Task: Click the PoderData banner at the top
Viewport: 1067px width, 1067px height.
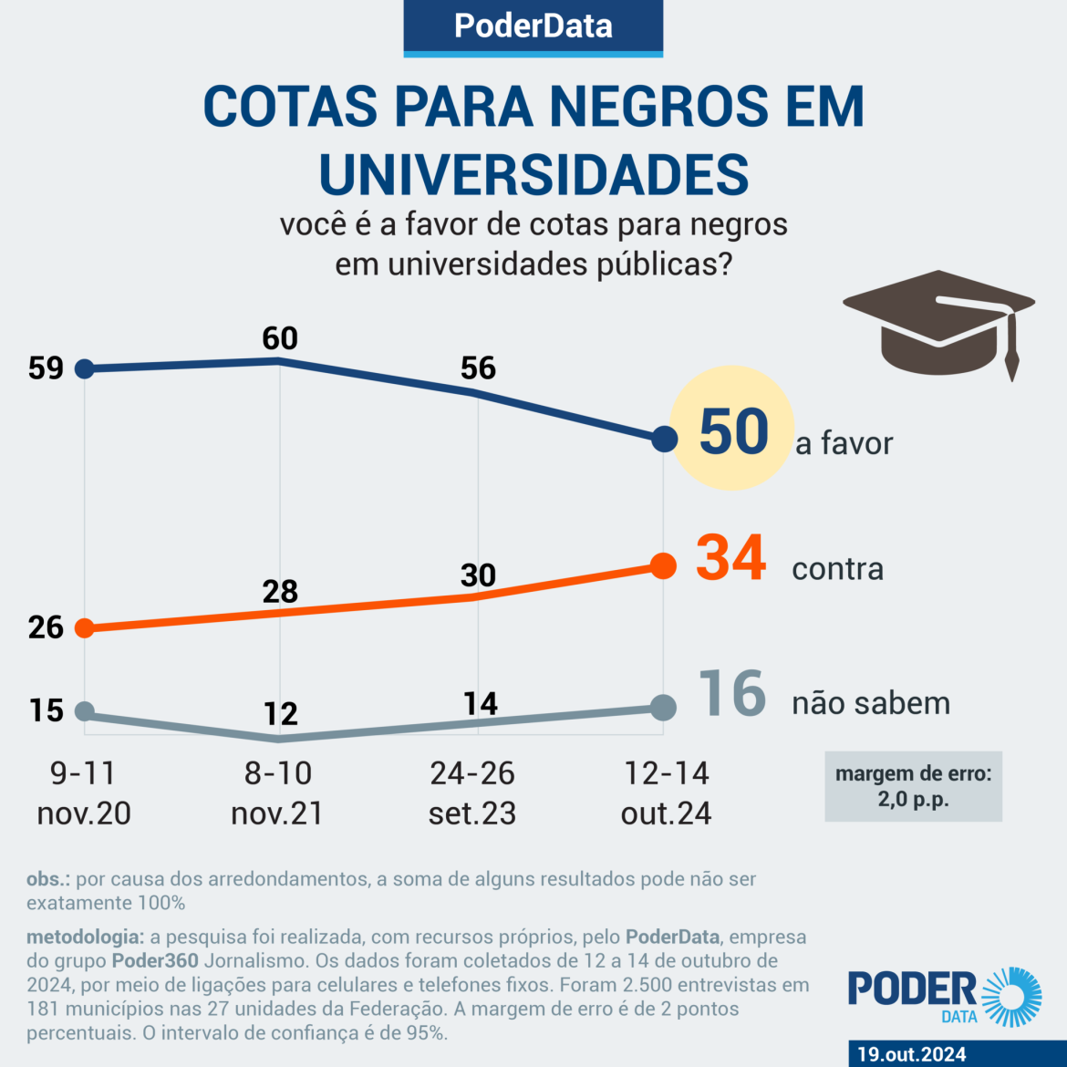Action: click(533, 26)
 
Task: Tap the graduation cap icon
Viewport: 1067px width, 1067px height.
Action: click(939, 324)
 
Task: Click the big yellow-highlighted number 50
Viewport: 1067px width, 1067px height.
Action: click(734, 430)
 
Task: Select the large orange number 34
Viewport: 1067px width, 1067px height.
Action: click(730, 558)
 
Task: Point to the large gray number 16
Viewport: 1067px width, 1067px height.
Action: click(732, 694)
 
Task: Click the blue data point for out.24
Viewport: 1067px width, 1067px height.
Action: click(665, 439)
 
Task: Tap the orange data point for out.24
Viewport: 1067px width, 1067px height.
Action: click(664, 565)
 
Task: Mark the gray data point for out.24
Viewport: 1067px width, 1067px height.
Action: click(664, 707)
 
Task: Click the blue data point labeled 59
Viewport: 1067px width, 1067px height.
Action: click(84, 368)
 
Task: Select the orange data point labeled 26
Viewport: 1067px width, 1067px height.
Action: click(84, 627)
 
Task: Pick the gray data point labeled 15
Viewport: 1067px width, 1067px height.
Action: click(84, 711)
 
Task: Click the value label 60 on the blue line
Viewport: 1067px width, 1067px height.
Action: click(280, 338)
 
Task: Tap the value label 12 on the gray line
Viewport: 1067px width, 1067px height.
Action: click(281, 713)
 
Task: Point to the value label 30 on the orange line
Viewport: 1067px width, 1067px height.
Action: click(478, 575)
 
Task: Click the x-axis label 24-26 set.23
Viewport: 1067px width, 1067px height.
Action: click(472, 792)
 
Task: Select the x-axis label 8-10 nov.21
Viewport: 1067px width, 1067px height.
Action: click(277, 792)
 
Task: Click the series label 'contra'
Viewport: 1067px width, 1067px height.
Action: click(837, 569)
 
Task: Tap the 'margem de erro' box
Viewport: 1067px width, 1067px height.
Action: click(913, 786)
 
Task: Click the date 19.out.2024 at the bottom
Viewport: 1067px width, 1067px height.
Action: click(911, 1054)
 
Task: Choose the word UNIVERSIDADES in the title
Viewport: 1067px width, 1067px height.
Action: click(533, 174)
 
